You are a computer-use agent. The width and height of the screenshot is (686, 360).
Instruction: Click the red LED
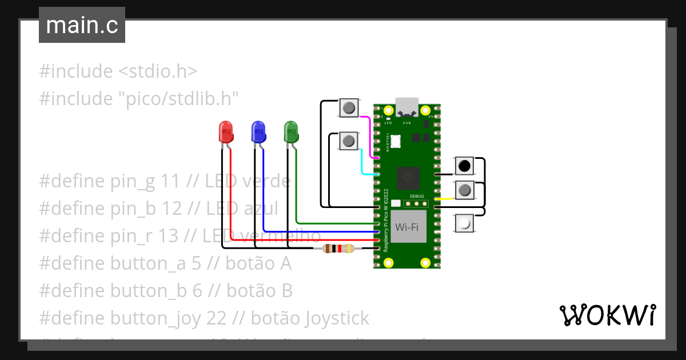[226, 132]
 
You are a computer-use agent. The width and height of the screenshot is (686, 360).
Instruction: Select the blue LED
[258, 132]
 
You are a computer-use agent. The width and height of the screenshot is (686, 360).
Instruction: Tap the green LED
[291, 132]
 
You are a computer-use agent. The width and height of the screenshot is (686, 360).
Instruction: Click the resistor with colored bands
[338, 249]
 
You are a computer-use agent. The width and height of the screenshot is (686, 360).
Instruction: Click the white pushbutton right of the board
[464, 223]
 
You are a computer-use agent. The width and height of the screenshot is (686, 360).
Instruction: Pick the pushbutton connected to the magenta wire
[349, 107]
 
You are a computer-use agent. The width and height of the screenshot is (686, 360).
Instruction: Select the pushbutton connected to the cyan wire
[349, 140]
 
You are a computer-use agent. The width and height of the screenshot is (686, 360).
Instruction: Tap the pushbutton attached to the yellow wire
[464, 190]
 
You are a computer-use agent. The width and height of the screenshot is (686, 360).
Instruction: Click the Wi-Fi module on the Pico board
[409, 226]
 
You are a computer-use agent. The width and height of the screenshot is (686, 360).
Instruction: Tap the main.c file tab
[82, 26]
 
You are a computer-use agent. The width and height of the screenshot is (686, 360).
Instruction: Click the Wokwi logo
[607, 315]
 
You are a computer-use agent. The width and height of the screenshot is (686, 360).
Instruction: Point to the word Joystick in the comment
[338, 318]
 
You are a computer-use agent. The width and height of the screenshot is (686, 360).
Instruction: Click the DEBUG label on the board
[417, 195]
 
